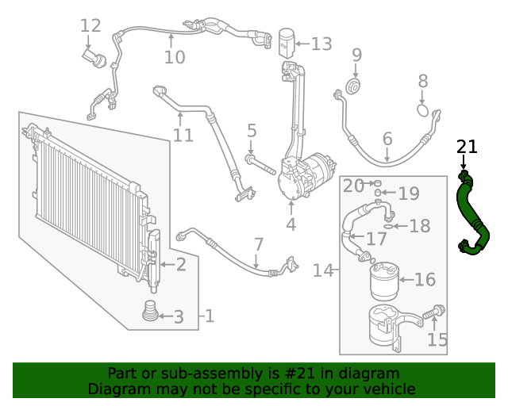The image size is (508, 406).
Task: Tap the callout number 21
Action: coord(467,147)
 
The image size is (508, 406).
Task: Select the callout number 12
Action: coord(91,25)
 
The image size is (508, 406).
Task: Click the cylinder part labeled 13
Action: coord(287,40)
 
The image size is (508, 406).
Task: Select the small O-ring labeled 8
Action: coord(423,110)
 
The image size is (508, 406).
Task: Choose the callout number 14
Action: coord(322,270)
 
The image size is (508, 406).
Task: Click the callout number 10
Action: coord(174,57)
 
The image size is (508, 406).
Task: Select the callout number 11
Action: coord(183,135)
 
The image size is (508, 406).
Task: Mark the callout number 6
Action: coord(387,140)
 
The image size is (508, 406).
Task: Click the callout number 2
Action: coord(181,264)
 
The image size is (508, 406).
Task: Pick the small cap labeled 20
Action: coord(379,184)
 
